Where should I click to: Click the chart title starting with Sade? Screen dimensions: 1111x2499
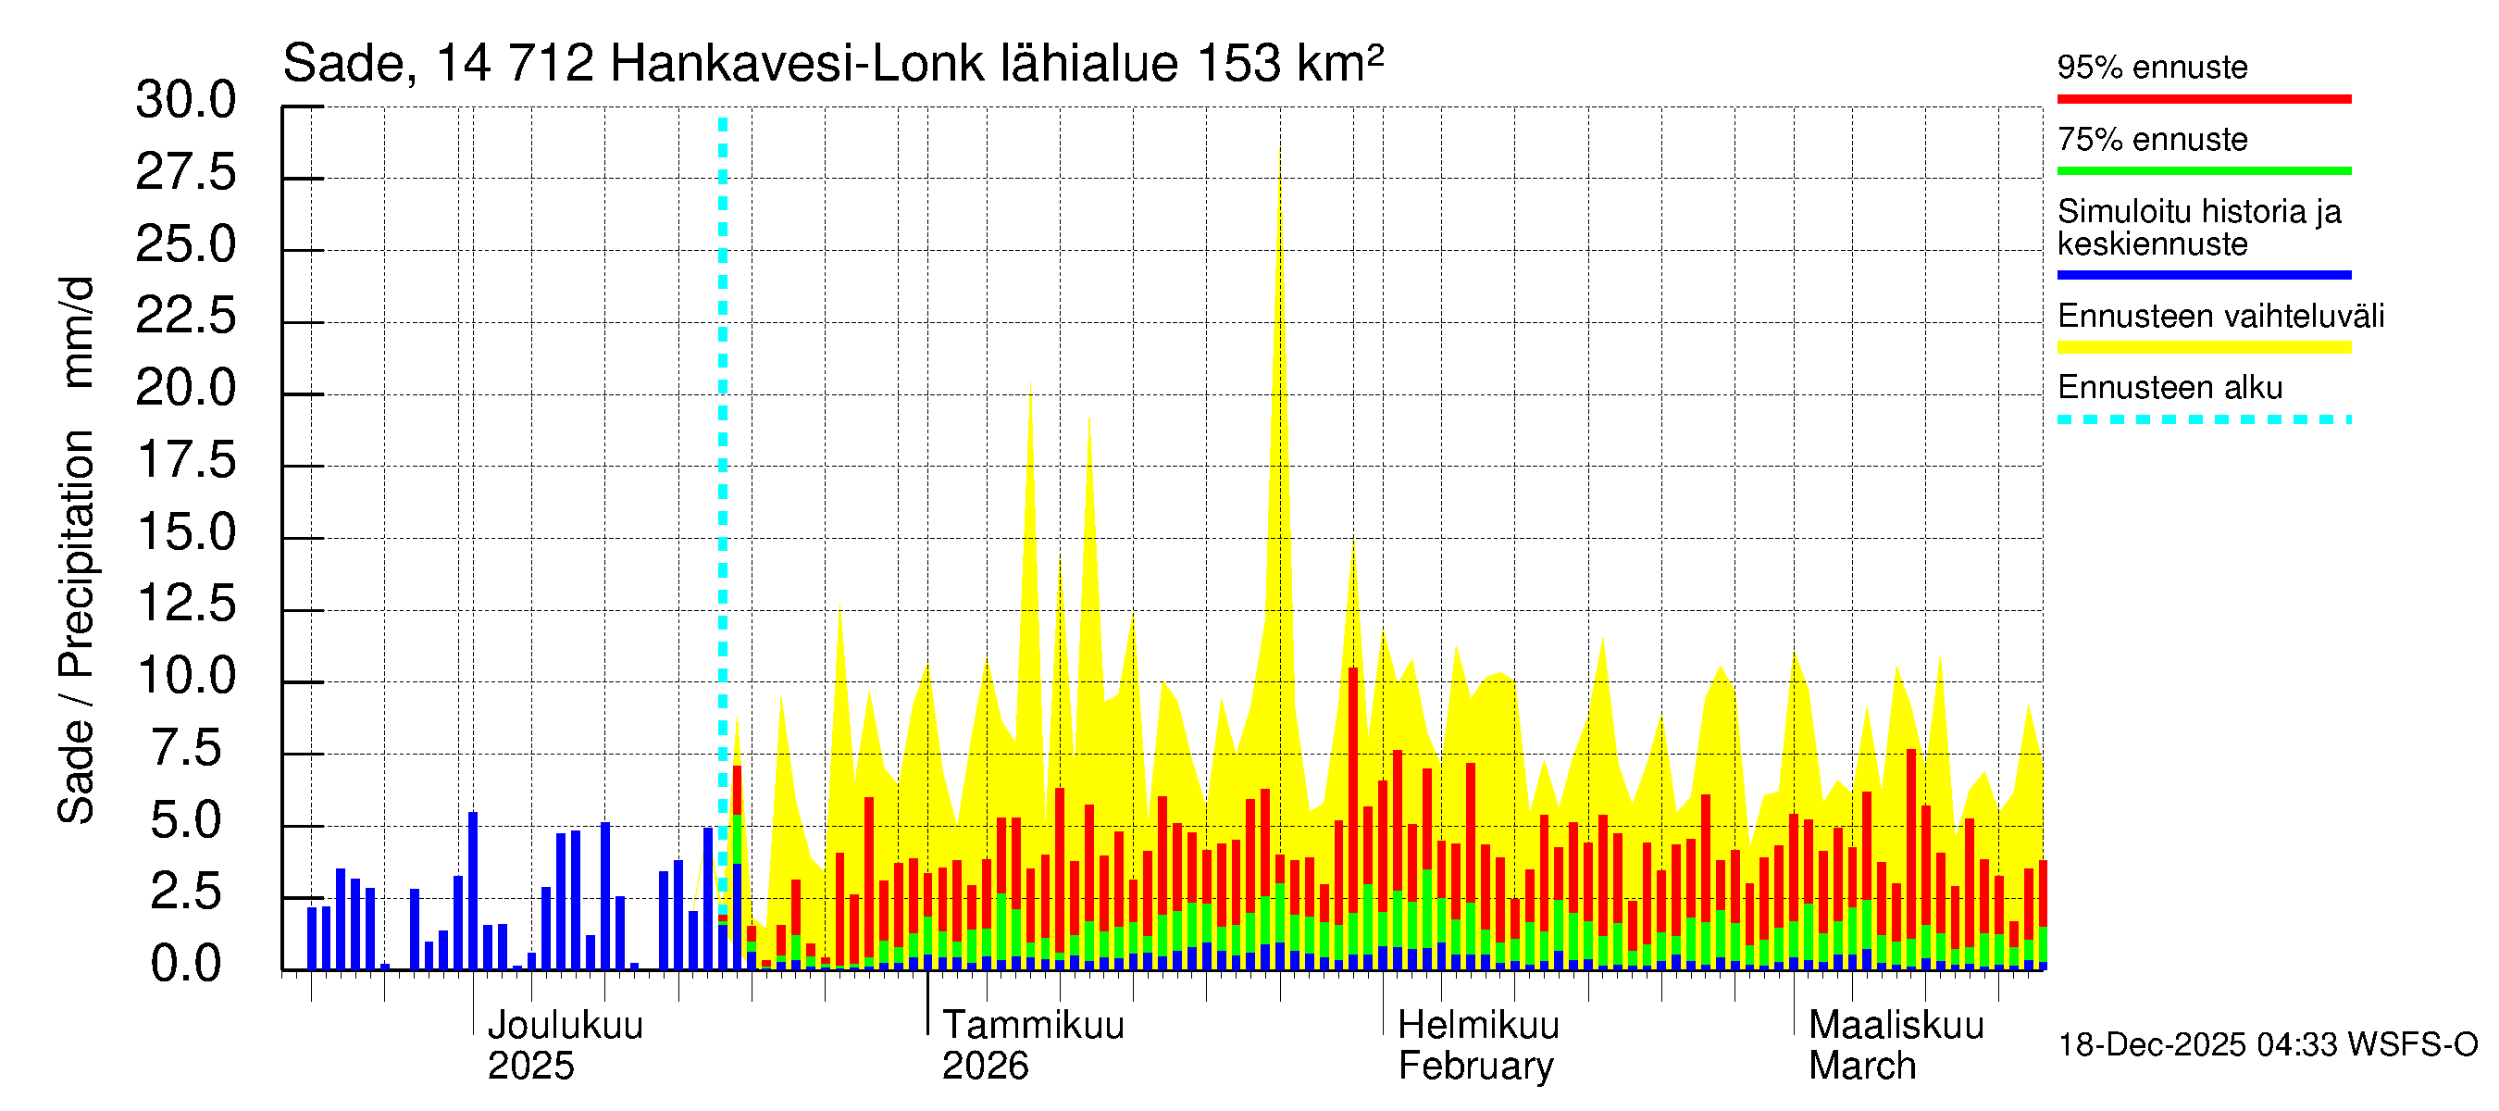coord(832,64)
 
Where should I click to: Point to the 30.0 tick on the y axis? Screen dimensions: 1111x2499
coord(185,100)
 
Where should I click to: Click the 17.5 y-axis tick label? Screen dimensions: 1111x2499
coord(185,460)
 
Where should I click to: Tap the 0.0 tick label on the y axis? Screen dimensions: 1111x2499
coord(185,965)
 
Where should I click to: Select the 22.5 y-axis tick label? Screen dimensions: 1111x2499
coord(185,317)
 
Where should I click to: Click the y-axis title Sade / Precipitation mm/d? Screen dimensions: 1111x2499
coord(76,550)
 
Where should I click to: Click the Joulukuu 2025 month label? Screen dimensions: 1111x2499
coord(564,1045)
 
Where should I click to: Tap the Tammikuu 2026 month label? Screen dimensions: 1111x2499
coord(1032,1045)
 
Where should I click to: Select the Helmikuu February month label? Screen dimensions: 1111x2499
coord(1477,1045)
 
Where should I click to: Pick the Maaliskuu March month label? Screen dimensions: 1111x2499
coord(1896,1045)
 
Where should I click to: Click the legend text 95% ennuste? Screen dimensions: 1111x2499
coord(2152,67)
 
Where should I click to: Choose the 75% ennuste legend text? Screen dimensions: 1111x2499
coord(2152,140)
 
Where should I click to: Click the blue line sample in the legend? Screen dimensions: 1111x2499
coord(2203,275)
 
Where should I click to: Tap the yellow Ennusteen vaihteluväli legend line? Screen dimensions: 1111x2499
coord(2203,347)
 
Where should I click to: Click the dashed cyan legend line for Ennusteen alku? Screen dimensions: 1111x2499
coord(2203,419)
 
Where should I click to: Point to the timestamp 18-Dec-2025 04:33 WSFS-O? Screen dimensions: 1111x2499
coord(2267,1045)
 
